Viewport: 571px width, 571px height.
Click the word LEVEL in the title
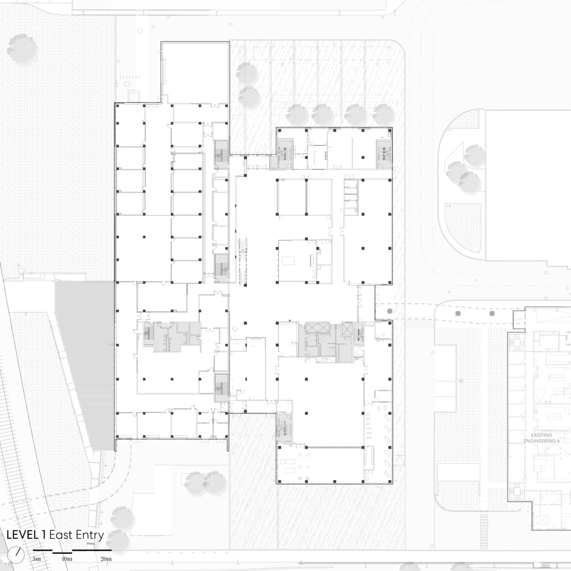(22, 535)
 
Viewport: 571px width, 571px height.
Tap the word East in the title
(61, 535)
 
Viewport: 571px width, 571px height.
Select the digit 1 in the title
(44, 535)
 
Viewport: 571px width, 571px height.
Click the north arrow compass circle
(19, 553)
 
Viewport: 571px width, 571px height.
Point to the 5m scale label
(37, 558)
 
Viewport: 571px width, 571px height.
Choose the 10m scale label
(67, 558)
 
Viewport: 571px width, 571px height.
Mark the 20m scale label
(106, 558)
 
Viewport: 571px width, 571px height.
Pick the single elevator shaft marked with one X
(347, 329)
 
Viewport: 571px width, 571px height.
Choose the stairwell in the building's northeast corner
(384, 152)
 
